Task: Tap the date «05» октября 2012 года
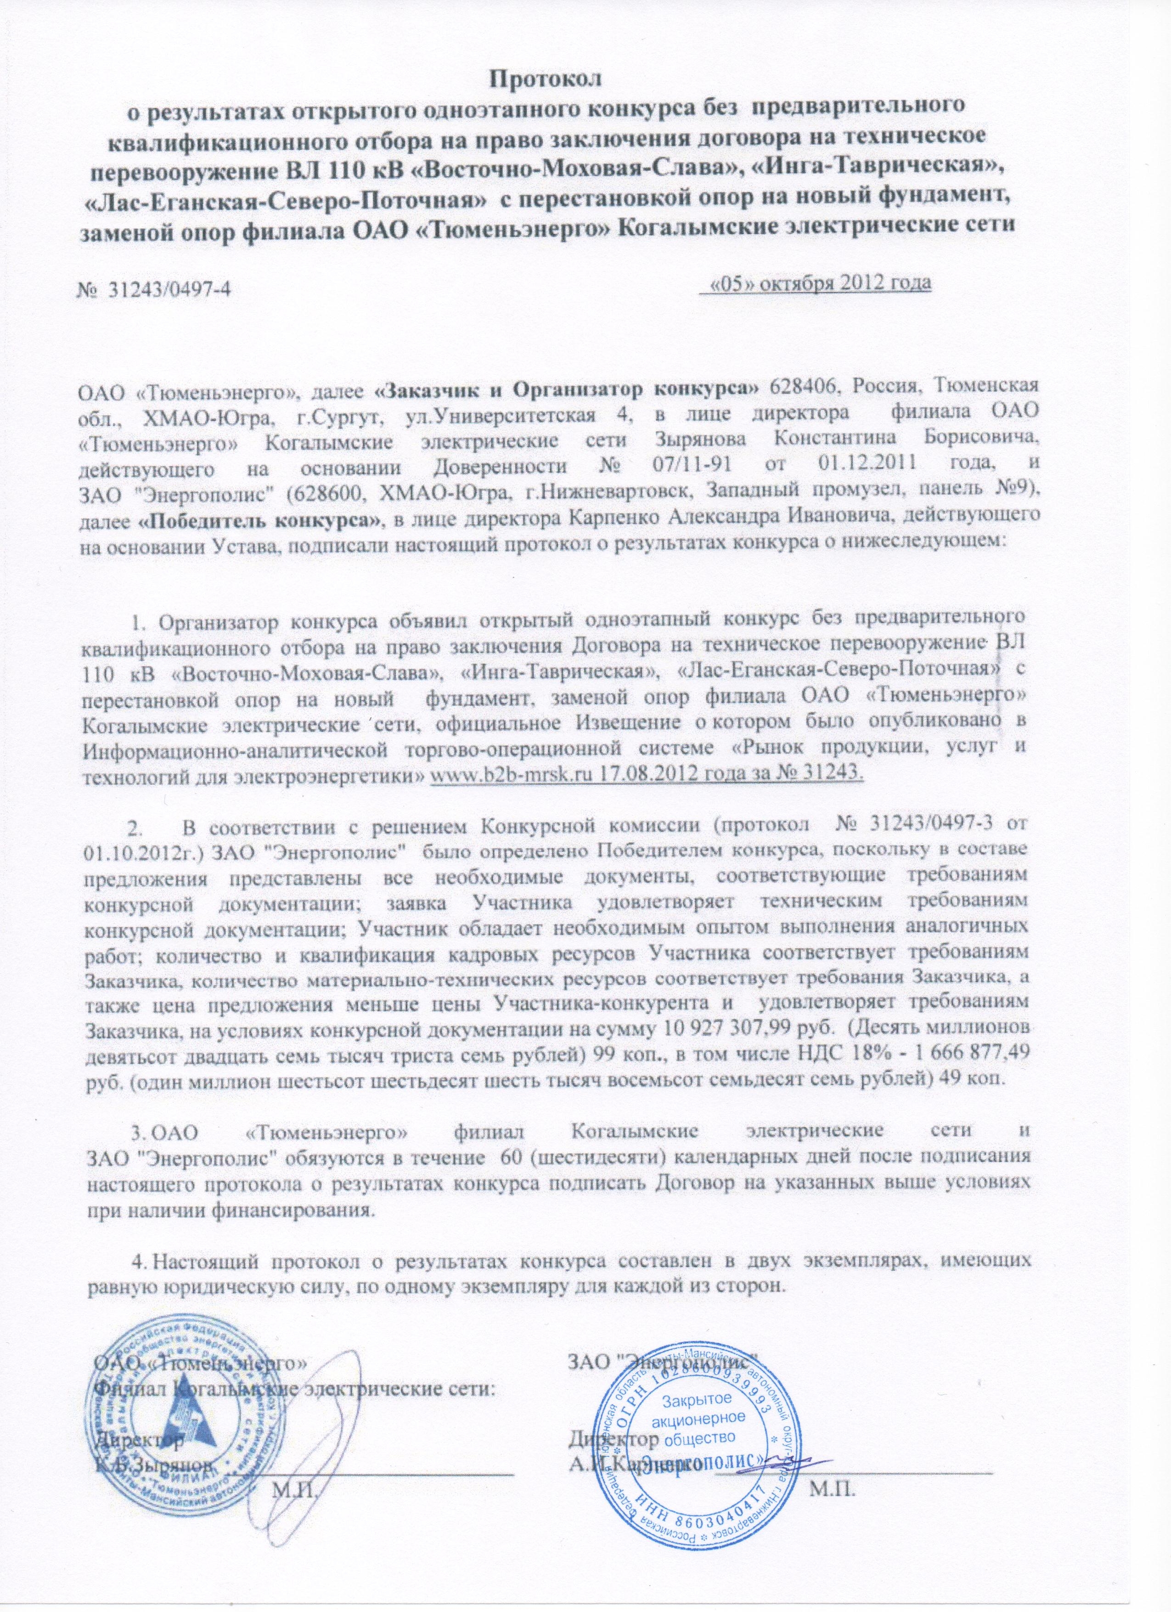tap(816, 284)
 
